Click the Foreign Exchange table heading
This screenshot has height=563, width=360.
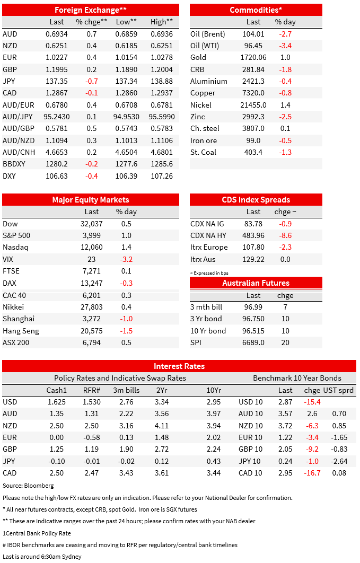click(91, 10)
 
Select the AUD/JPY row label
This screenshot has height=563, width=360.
click(17, 117)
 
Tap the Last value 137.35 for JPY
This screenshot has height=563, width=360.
click(57, 81)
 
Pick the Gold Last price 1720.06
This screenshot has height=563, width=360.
click(253, 57)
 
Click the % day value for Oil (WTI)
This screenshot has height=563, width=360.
click(285, 46)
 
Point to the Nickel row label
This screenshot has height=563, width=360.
click(200, 105)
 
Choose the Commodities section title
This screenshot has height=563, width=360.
click(256, 10)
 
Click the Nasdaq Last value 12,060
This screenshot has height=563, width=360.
click(92, 247)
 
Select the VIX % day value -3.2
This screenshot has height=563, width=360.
click(126, 259)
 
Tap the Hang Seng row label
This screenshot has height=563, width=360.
click(21, 331)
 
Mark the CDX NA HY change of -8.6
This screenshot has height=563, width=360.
click(285, 235)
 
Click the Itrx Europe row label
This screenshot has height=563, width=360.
click(209, 248)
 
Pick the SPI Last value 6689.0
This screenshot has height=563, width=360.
click(253, 342)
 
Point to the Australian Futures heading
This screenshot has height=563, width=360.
click(256, 283)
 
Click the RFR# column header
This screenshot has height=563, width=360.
click(92, 390)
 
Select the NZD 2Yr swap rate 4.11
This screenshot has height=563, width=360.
click(162, 426)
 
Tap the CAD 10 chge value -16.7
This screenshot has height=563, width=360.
click(312, 473)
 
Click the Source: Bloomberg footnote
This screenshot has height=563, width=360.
click(28, 486)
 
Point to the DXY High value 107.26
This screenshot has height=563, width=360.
click(162, 176)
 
